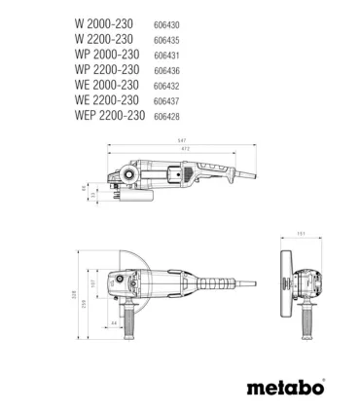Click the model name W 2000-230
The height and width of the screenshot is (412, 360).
pos(105,19)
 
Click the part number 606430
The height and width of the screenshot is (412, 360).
pos(166,20)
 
